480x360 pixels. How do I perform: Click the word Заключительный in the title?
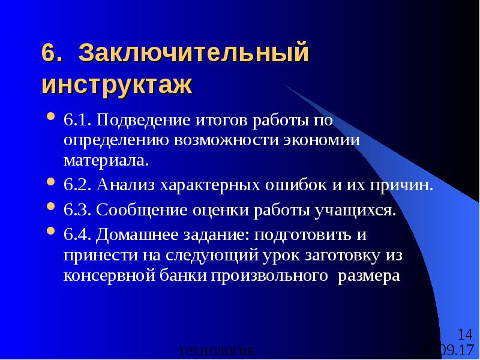194,53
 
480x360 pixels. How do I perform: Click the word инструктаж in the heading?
117,83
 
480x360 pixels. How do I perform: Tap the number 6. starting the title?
52,53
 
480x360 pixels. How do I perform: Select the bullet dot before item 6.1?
51,117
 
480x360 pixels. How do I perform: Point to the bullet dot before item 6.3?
51,209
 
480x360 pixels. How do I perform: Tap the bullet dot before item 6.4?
51,232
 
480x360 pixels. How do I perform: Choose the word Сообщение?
140,209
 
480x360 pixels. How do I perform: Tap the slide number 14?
464,334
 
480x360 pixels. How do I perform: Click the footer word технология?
217,351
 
